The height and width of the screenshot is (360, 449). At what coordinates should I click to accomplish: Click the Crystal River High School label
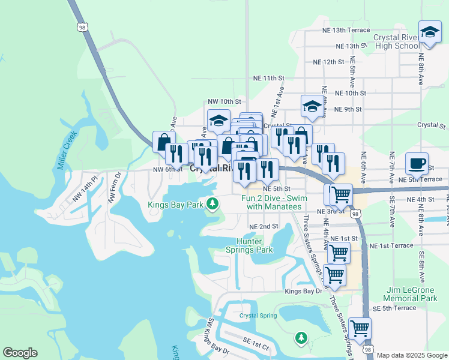(x=396, y=41)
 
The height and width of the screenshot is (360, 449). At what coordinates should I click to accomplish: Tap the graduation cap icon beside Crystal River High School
(x=430, y=32)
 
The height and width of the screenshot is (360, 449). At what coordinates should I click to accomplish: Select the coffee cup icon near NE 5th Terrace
(x=416, y=163)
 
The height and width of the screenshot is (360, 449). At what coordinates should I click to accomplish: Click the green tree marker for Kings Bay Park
(x=212, y=205)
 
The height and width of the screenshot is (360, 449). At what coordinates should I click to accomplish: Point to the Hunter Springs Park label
(x=249, y=245)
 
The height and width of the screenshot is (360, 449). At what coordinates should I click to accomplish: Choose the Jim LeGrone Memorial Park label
(x=412, y=294)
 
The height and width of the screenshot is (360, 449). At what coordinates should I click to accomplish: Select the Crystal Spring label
(x=259, y=316)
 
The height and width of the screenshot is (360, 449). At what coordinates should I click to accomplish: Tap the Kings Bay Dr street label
(x=304, y=291)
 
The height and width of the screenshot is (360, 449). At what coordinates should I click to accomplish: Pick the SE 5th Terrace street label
(x=394, y=308)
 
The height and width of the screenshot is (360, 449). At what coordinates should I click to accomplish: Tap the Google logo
(x=20, y=353)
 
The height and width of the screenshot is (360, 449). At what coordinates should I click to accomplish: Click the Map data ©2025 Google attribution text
(x=412, y=355)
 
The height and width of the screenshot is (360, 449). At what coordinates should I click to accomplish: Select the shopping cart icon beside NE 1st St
(x=339, y=253)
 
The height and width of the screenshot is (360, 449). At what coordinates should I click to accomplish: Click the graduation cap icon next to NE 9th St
(x=312, y=106)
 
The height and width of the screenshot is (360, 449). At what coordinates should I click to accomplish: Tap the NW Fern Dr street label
(x=114, y=187)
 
